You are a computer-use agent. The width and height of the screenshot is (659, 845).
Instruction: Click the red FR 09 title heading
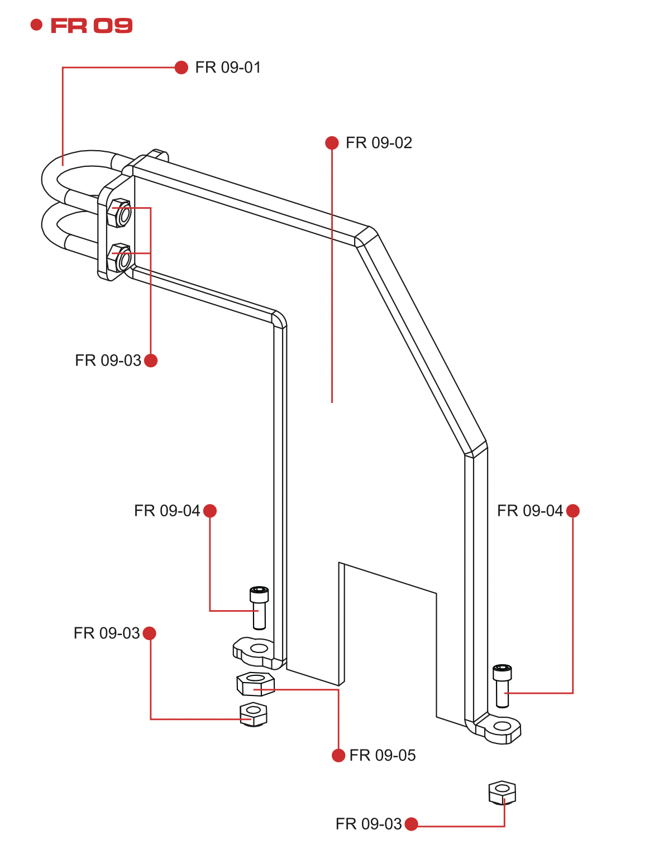91,26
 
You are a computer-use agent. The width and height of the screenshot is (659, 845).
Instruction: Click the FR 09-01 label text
228,68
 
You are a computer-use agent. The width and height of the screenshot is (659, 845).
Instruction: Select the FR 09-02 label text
379,143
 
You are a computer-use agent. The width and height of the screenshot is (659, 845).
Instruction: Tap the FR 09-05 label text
383,756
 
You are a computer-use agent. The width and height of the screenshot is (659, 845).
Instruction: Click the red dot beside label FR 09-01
181,68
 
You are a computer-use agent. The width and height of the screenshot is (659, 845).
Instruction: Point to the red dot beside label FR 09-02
332,143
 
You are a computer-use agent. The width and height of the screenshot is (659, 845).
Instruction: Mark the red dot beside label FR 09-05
338,756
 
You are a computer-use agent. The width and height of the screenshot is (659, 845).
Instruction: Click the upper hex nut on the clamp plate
121,213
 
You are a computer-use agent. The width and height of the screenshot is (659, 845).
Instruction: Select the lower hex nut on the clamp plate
121,258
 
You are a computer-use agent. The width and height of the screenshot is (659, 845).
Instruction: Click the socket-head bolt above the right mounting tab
502,685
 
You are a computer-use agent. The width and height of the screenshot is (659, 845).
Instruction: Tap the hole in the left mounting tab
258,649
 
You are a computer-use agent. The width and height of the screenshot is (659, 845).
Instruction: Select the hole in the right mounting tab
503,726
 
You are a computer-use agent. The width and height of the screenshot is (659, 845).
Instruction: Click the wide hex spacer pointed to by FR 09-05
255,684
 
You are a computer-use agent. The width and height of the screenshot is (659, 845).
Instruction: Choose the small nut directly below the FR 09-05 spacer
253,714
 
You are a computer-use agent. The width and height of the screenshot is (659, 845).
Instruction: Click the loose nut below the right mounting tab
502,793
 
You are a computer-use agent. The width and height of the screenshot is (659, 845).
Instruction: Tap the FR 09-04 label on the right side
530,511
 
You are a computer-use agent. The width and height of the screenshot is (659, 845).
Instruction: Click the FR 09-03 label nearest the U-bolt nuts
108,361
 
